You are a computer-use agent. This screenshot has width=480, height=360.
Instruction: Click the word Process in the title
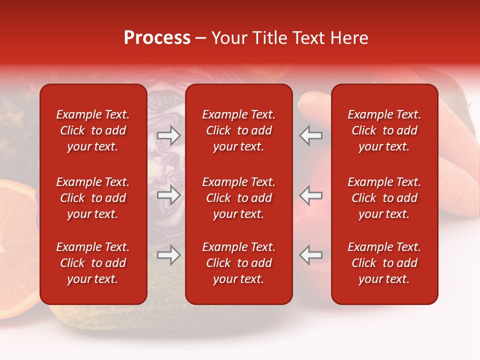pyautogui.click(x=157, y=38)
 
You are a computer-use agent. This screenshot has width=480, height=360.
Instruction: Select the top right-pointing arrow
pyautogui.click(x=169, y=135)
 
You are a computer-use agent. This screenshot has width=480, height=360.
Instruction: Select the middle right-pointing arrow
pyautogui.click(x=169, y=195)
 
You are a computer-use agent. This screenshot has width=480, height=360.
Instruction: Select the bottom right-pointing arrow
pyautogui.click(x=169, y=255)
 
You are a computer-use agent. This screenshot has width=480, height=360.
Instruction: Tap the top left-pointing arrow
pyautogui.click(x=311, y=135)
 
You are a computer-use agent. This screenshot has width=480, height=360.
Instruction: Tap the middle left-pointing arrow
pyautogui.click(x=311, y=195)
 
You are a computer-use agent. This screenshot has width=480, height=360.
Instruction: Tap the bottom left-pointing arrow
pyautogui.click(x=311, y=255)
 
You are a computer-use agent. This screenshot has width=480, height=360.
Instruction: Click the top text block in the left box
pyautogui.click(x=93, y=130)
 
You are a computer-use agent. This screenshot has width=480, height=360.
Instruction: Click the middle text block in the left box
pyautogui.click(x=93, y=198)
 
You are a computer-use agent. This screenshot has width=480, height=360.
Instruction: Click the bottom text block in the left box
pyautogui.click(x=93, y=263)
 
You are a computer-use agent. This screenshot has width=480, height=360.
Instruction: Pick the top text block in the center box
pyautogui.click(x=239, y=130)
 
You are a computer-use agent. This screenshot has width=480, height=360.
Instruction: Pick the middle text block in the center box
pyautogui.click(x=239, y=198)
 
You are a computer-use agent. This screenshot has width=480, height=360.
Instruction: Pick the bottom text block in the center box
pyautogui.click(x=239, y=263)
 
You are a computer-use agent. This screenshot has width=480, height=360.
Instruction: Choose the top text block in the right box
pyautogui.click(x=384, y=130)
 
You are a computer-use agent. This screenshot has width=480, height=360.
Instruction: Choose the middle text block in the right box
pyautogui.click(x=384, y=198)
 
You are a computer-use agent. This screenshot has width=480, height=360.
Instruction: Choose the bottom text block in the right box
pyautogui.click(x=384, y=263)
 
